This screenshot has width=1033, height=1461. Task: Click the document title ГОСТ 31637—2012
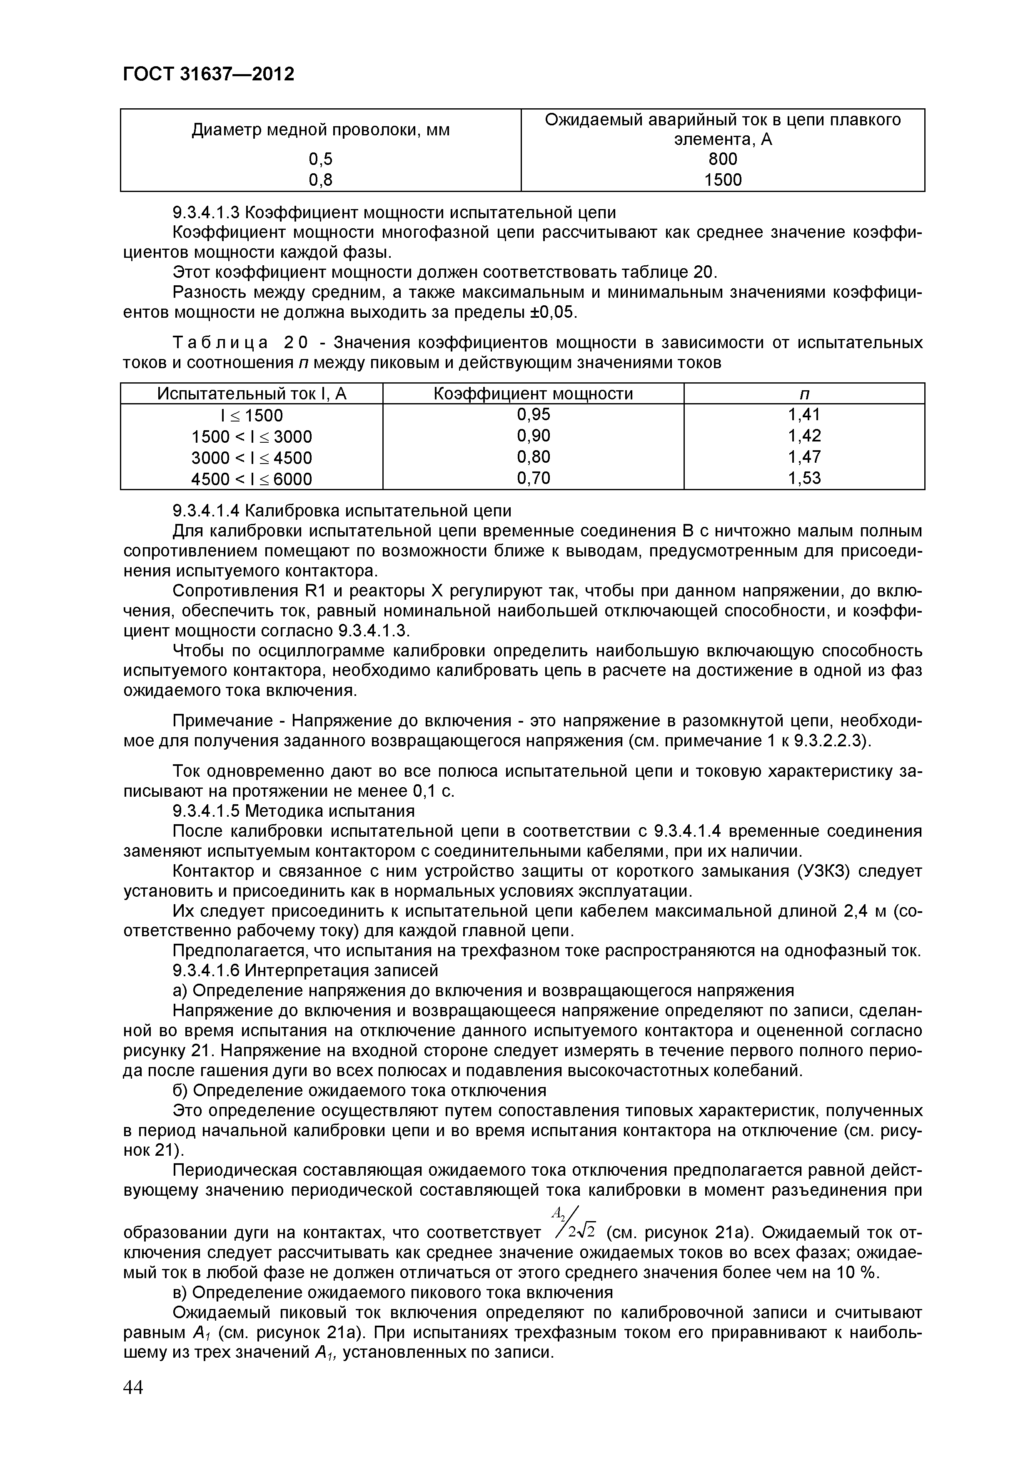[x=208, y=75]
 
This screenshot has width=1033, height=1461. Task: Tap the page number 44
[x=133, y=1404]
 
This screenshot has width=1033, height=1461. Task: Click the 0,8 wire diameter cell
[x=320, y=180]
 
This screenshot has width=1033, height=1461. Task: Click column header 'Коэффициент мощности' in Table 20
[x=533, y=394]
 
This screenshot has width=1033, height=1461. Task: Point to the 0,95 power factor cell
[x=533, y=415]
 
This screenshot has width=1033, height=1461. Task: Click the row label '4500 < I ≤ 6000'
[x=252, y=479]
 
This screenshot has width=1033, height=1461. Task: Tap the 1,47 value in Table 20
[x=804, y=457]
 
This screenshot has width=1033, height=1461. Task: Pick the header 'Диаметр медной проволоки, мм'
[x=320, y=130]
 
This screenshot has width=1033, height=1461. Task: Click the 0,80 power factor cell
[x=533, y=457]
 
